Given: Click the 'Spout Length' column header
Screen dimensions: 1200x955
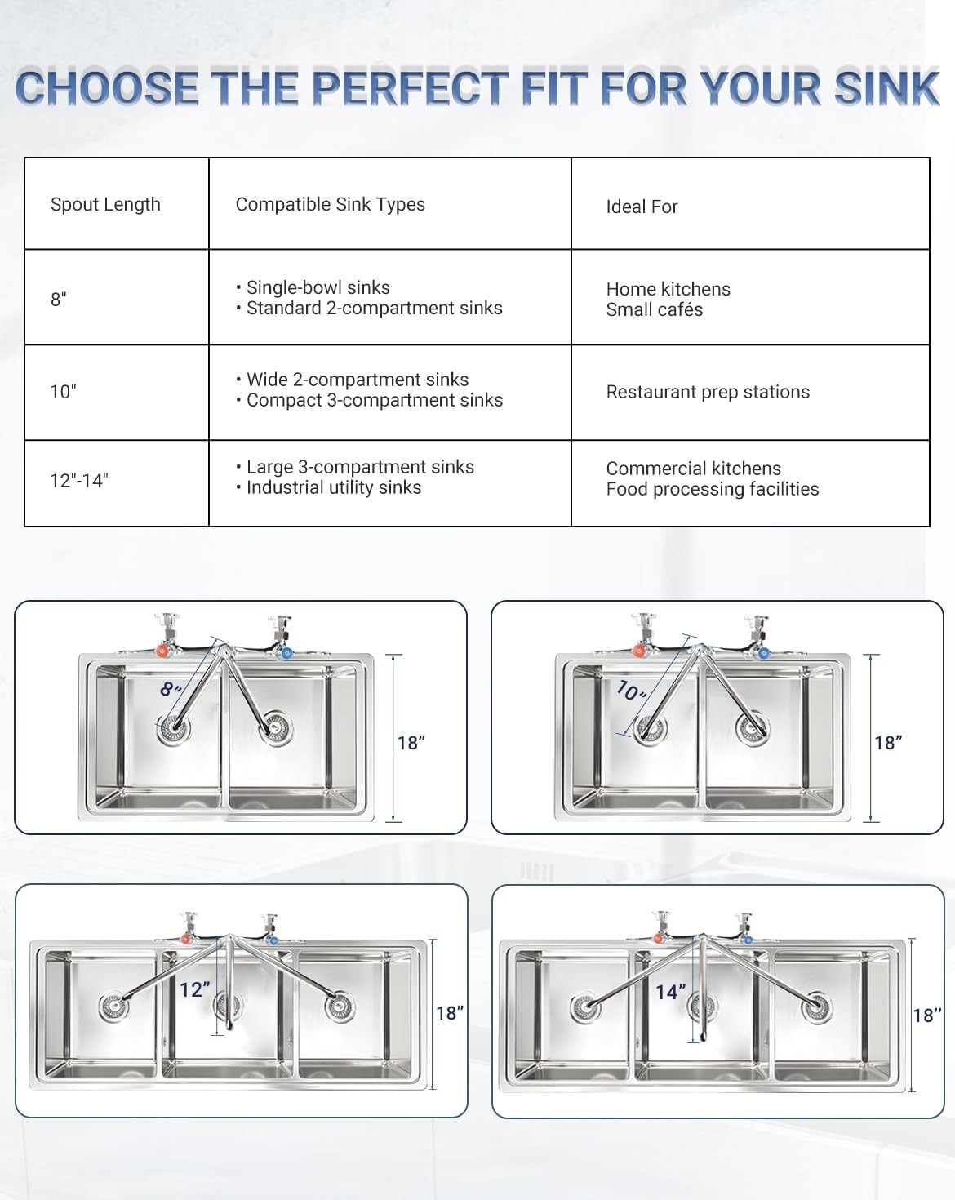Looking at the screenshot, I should pyautogui.click(x=105, y=204).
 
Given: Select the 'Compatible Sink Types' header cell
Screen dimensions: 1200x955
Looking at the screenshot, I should pyautogui.click(x=330, y=204).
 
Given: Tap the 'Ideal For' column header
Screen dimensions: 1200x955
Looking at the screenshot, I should pyautogui.click(x=642, y=207).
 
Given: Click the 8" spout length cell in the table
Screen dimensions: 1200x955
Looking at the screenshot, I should pyautogui.click(x=59, y=300).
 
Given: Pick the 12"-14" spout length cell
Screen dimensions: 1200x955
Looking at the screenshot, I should pyautogui.click(x=79, y=481).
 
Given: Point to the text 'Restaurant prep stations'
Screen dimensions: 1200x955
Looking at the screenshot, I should pyautogui.click(x=708, y=392).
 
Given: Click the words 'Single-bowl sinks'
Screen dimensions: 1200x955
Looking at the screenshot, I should pyautogui.click(x=318, y=287).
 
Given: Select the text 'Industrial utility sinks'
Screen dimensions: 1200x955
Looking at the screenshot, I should pyautogui.click(x=333, y=487).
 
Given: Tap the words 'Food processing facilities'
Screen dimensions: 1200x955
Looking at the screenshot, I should pyautogui.click(x=712, y=489).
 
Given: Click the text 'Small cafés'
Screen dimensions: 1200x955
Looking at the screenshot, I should pyautogui.click(x=654, y=309).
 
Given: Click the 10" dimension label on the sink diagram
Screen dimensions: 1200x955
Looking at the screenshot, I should pyautogui.click(x=630, y=691).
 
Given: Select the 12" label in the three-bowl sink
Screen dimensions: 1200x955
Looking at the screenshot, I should pyautogui.click(x=195, y=989).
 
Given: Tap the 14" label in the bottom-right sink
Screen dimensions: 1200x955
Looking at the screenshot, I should pyautogui.click(x=671, y=992).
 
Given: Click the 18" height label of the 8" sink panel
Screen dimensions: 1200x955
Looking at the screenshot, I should pyautogui.click(x=411, y=743).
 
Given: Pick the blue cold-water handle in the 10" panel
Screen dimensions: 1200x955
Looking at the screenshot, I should pyautogui.click(x=763, y=652).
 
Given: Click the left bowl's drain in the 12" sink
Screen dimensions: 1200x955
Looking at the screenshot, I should pyautogui.click(x=113, y=1007).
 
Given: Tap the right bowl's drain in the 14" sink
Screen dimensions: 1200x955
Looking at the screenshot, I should pyautogui.click(x=816, y=1009).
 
